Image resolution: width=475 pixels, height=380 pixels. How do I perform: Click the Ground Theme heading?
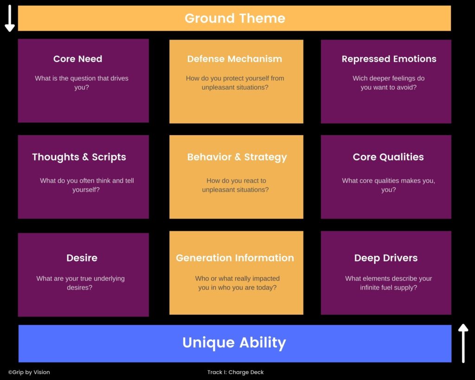click(x=235, y=18)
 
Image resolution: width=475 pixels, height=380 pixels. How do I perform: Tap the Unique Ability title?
click(x=234, y=343)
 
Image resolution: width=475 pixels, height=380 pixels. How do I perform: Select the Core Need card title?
click(x=77, y=59)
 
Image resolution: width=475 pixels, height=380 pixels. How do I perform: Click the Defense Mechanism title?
click(x=234, y=59)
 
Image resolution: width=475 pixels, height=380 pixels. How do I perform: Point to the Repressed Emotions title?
click(x=389, y=59)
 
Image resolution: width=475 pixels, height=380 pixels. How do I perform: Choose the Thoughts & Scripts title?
click(x=79, y=157)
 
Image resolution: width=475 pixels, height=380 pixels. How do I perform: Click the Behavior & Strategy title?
click(x=237, y=157)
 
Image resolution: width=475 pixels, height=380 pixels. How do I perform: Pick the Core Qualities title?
click(x=388, y=157)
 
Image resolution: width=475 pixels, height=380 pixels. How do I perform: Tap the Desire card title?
click(x=82, y=258)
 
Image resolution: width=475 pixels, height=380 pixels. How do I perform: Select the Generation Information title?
click(x=235, y=258)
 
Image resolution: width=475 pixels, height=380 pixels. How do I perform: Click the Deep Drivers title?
click(x=386, y=258)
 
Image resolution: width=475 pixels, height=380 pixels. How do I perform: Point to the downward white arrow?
click(x=10, y=18)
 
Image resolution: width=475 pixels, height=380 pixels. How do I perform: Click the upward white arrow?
click(x=463, y=343)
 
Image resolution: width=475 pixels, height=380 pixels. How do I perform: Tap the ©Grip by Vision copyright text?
click(x=29, y=372)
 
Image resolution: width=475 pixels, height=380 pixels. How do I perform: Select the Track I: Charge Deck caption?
click(x=235, y=372)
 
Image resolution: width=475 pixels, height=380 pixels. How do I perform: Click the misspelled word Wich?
click(x=360, y=78)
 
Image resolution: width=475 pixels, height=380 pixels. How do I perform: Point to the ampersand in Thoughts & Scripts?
click(x=85, y=157)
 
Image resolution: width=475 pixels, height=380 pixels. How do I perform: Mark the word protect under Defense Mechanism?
click(x=230, y=78)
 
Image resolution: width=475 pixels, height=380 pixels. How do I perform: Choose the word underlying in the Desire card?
click(x=109, y=278)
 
